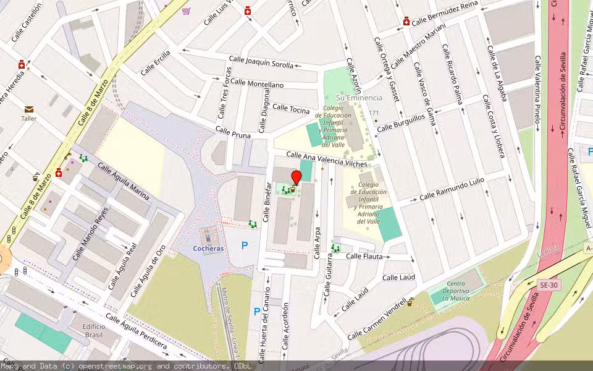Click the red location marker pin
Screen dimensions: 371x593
pyautogui.click(x=296, y=177)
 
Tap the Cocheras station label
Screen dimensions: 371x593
pyautogui.click(x=208, y=248)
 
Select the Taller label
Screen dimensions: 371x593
pyautogui.click(x=29, y=118)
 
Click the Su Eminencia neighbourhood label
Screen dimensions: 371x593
pyautogui.click(x=359, y=98)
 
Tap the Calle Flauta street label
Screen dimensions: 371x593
pyautogui.click(x=364, y=256)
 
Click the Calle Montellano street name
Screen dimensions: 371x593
pyautogui.click(x=257, y=83)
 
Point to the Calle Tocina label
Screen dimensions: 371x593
pyautogui.click(x=291, y=109)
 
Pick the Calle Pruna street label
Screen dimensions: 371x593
pyautogui.click(x=233, y=132)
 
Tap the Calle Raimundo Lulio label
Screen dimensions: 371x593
pyautogui.click(x=452, y=189)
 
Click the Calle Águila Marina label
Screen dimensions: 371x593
pyautogui.click(x=124, y=182)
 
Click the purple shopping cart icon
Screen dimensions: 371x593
pyautogui.click(x=186, y=11)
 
